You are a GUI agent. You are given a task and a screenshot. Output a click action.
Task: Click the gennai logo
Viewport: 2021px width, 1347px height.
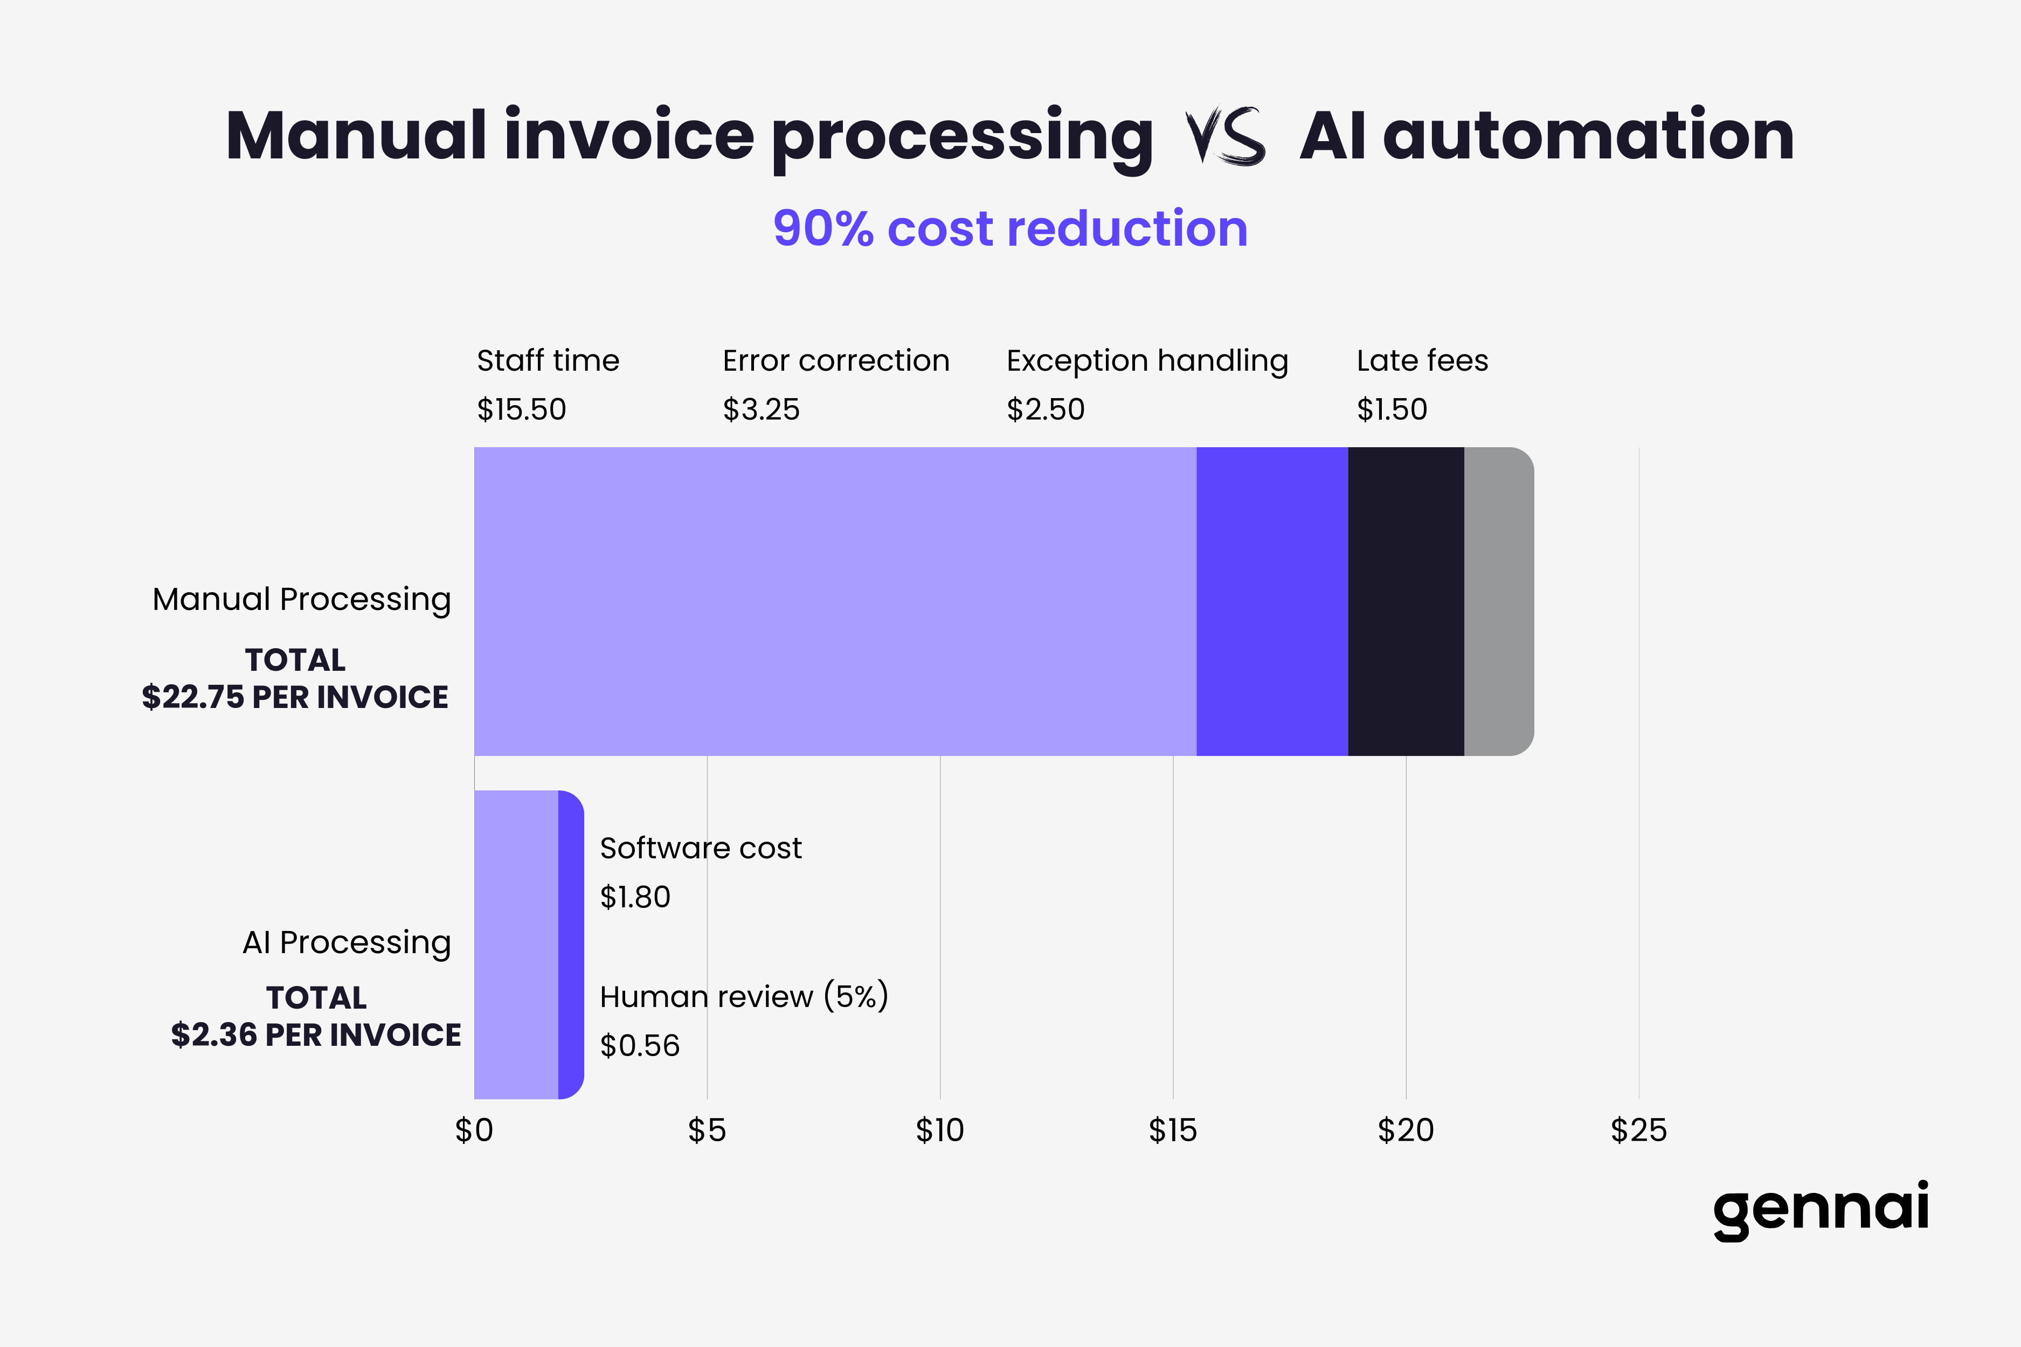click(x=1820, y=1210)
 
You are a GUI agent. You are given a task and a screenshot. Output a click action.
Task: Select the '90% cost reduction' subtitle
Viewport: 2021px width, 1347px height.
click(x=1009, y=228)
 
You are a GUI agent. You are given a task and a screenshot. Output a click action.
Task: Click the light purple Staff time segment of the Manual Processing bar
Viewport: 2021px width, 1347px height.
click(x=834, y=601)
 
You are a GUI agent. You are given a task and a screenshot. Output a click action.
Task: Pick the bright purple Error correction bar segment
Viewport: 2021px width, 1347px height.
click(x=1272, y=601)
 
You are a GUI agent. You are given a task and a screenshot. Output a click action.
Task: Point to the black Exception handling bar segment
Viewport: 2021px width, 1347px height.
click(x=1406, y=601)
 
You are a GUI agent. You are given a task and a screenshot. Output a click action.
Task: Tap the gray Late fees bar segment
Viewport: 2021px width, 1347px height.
click(x=1498, y=601)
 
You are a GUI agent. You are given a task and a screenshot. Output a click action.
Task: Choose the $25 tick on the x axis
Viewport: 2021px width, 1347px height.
click(x=1638, y=1130)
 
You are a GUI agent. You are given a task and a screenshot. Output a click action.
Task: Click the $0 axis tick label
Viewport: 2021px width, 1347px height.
click(x=474, y=1130)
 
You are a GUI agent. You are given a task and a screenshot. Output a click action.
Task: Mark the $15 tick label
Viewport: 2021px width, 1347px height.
click(x=1172, y=1130)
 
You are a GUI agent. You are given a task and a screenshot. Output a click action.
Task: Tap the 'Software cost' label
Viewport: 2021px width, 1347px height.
click(x=700, y=849)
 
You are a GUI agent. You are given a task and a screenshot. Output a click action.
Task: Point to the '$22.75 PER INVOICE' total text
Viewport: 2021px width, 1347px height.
click(x=295, y=697)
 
